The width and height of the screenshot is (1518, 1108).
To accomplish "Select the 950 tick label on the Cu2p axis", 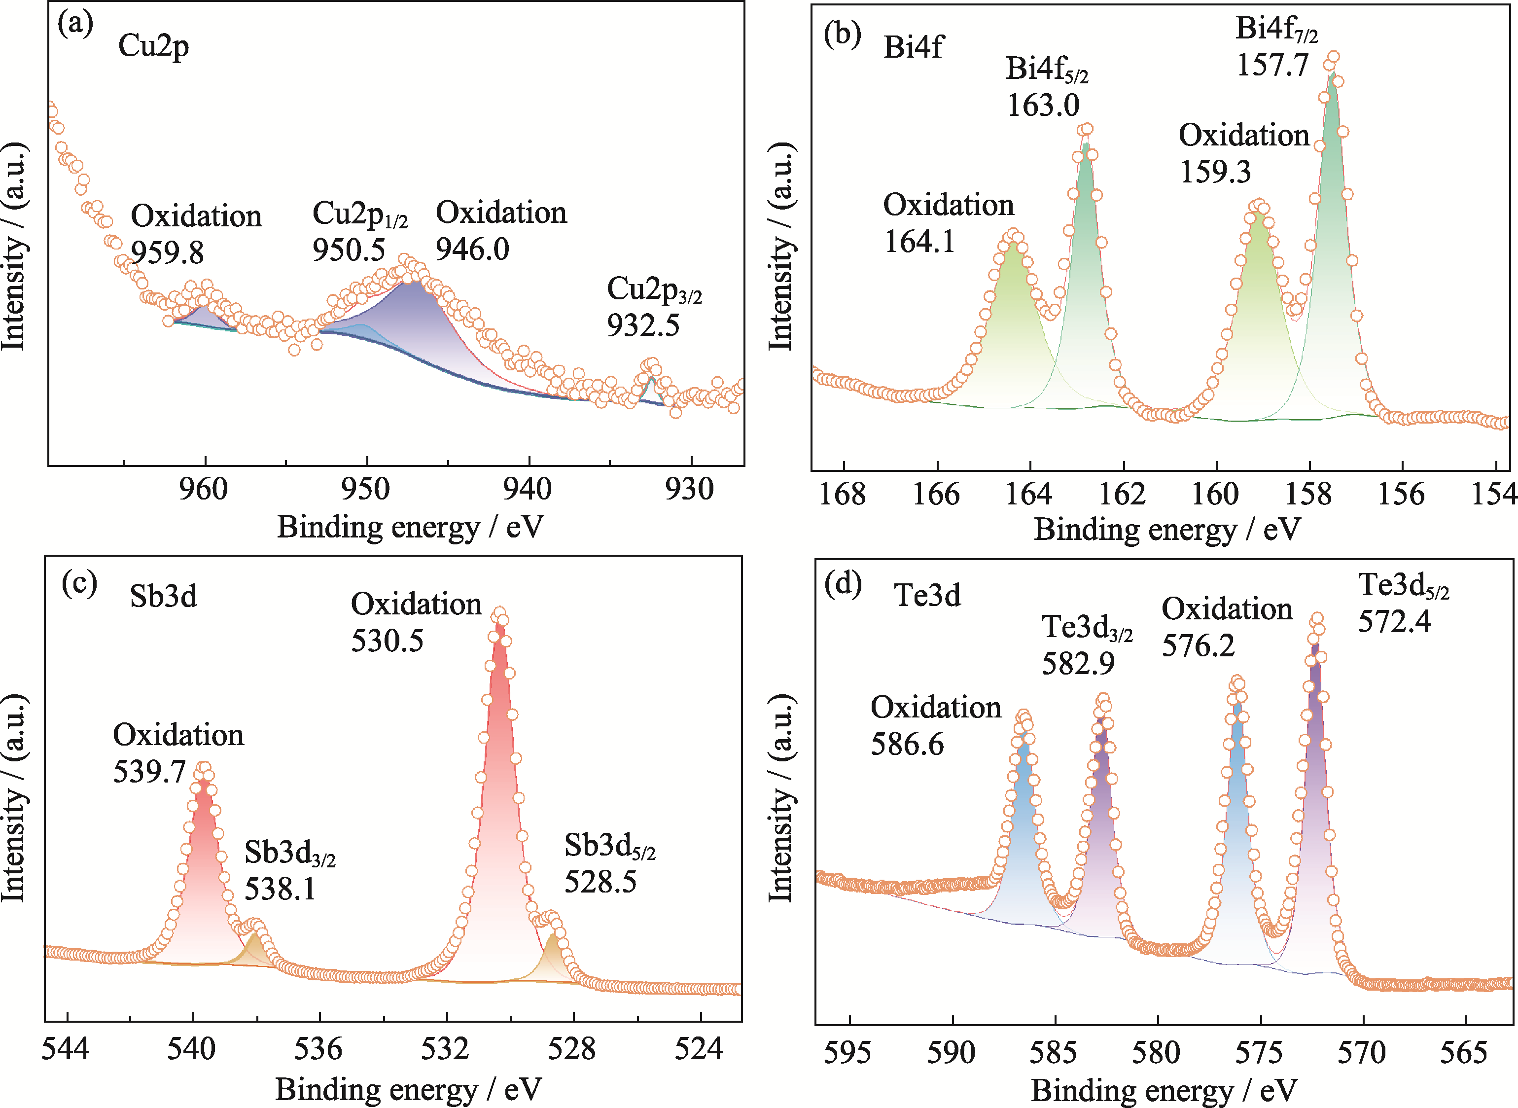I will [365, 490].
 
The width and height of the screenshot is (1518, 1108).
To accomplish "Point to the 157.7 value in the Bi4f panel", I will [1272, 66].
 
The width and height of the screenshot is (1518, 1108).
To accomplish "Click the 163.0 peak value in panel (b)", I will [1043, 106].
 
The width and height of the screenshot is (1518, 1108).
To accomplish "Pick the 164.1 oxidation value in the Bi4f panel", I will [919, 242].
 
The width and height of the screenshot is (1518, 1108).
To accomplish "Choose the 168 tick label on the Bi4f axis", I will [843, 494].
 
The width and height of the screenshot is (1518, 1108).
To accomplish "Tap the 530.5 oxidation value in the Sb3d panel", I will [387, 641].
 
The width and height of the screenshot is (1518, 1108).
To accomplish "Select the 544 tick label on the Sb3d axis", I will [65, 1049].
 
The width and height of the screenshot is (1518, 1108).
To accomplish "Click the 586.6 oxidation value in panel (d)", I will [907, 745].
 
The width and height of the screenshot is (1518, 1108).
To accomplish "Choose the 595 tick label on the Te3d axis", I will [847, 1053].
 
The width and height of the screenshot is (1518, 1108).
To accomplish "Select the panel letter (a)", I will [75, 24].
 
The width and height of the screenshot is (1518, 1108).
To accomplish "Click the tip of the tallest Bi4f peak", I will [1333, 58].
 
